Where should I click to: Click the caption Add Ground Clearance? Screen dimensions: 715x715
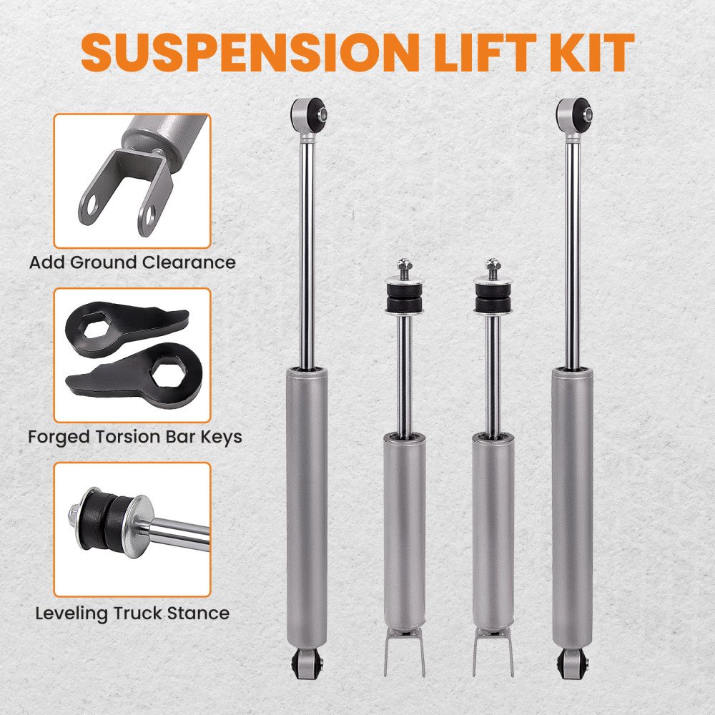pyautogui.click(x=132, y=262)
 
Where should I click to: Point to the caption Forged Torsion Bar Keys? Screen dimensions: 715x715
pyautogui.click(x=135, y=437)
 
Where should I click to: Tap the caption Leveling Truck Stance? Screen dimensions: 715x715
pyautogui.click(x=132, y=613)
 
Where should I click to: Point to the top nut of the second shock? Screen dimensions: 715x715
pyautogui.click(x=404, y=264)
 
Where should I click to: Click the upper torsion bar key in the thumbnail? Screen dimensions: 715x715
pyautogui.click(x=123, y=325)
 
